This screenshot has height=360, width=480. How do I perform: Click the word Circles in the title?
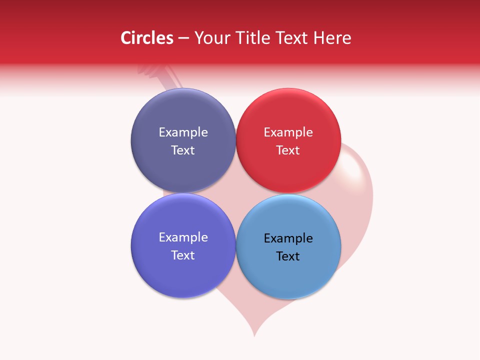pyautogui.click(x=147, y=38)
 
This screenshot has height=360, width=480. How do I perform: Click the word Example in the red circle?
pyautogui.click(x=288, y=132)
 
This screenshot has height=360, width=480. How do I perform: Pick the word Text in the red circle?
pyautogui.click(x=288, y=150)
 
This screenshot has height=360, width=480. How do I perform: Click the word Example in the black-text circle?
pyautogui.click(x=288, y=238)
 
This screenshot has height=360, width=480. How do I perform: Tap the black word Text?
pyautogui.click(x=288, y=256)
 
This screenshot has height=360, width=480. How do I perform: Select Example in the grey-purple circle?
pyautogui.click(x=183, y=132)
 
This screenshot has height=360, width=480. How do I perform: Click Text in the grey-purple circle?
pyautogui.click(x=183, y=150)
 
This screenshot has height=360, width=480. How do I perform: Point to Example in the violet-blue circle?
pyautogui.click(x=183, y=237)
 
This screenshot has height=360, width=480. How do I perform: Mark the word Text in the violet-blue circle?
pyautogui.click(x=183, y=255)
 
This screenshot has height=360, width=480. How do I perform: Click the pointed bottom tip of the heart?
pyautogui.click(x=254, y=335)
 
